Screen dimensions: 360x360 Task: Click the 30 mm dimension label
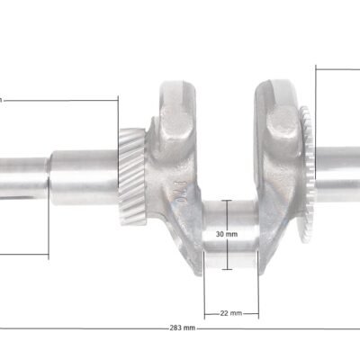click(227, 234)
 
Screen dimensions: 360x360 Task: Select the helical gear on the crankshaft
click(132, 176)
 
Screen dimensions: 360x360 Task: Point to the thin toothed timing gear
click(306, 174)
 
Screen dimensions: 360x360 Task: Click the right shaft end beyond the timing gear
click(337, 175)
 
